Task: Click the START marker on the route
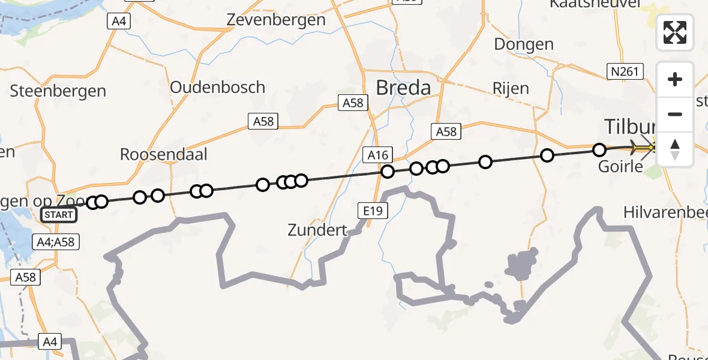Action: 59,215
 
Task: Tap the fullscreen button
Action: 675,32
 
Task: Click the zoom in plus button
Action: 675,79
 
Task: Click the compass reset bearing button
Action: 675,149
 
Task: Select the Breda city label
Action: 403,88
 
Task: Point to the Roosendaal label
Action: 163,154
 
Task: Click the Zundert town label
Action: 317,230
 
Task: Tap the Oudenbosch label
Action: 217,87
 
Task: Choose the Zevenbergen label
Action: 276,20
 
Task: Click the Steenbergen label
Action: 58,91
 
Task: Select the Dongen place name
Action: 524,44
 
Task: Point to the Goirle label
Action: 620,166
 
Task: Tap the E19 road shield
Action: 374,211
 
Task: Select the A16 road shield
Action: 378,156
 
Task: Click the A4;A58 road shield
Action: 55,242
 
